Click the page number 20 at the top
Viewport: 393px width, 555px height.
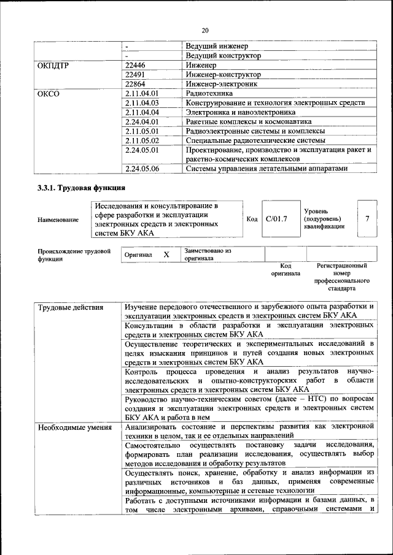205,30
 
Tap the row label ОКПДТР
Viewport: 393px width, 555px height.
53,65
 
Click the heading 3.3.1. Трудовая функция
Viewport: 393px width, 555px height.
81,188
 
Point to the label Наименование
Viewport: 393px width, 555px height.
58,220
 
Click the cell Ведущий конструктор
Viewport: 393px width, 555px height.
223,55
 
